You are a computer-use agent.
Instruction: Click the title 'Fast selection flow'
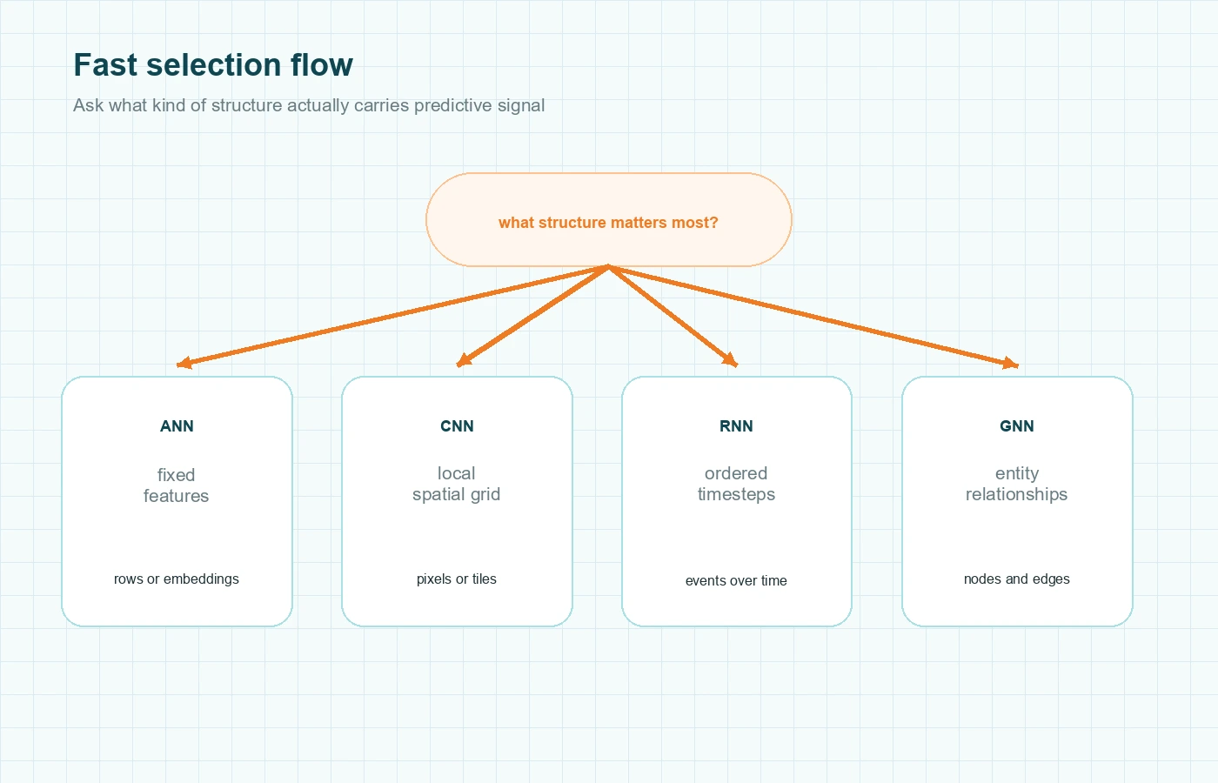click(213, 65)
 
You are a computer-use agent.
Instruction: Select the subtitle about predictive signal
click(309, 105)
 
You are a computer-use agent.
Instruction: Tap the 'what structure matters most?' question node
click(608, 222)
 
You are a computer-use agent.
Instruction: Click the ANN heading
click(177, 426)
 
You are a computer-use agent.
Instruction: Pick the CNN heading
click(457, 426)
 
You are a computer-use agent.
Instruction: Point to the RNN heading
click(736, 426)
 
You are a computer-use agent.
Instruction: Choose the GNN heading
click(1016, 426)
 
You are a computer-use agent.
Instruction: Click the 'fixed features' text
click(176, 485)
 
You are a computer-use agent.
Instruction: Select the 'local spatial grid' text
click(456, 484)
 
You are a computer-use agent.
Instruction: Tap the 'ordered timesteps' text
click(736, 484)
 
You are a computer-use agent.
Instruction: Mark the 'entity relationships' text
click(1016, 484)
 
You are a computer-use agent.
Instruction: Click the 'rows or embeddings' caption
click(176, 579)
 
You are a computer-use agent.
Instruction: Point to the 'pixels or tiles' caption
click(456, 579)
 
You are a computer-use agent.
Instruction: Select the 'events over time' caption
click(736, 580)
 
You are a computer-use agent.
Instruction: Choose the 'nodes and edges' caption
click(1016, 579)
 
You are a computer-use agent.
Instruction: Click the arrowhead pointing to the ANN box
click(184, 364)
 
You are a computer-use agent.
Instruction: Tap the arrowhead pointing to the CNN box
click(464, 361)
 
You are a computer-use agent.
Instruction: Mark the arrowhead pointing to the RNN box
click(730, 360)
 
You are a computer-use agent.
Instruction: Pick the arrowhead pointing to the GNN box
click(1010, 364)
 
